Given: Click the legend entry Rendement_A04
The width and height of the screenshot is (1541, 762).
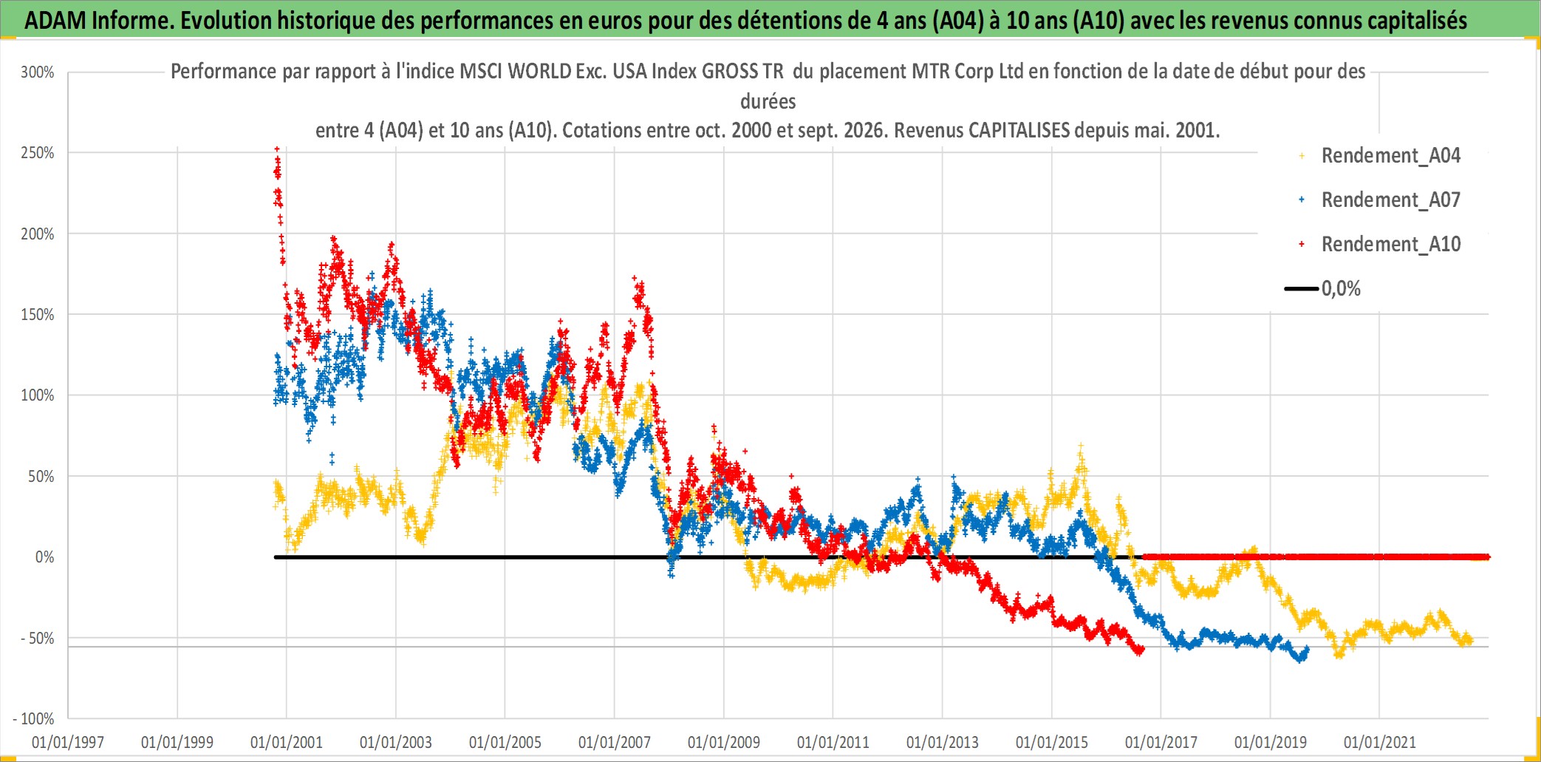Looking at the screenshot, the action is coord(1390,156).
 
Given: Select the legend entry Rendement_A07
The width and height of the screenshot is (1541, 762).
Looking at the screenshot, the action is coord(1390,200).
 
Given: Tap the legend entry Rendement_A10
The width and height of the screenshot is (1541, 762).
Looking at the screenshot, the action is coord(1390,245).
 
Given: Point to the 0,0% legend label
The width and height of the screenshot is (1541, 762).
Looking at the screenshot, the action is coord(1341,289).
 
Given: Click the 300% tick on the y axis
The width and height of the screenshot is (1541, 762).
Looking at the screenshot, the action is coord(38,72).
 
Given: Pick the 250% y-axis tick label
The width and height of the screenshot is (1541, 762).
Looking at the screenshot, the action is coord(38,153).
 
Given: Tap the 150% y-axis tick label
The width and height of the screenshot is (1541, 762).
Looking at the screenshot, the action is coord(38,315).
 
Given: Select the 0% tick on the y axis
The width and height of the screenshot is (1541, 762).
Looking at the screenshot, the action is coord(45,557).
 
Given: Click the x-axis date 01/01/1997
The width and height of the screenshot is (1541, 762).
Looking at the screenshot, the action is coord(68,742).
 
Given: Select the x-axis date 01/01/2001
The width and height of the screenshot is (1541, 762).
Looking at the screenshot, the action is coord(287,742).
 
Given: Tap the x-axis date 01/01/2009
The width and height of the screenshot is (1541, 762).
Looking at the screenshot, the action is coord(724,742).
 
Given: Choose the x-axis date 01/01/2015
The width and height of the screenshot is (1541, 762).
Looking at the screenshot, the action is coord(1052,742).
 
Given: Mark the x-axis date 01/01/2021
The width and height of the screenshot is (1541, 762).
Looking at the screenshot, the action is coord(1380,742).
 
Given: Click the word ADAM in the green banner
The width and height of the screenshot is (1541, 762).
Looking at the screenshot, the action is coord(55,21).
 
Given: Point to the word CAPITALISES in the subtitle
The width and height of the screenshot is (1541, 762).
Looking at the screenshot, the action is coord(1019,131).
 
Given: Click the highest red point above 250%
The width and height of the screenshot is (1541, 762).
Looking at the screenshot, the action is coord(277,149).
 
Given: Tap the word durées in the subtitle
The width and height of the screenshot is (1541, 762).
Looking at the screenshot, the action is coord(768,101).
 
